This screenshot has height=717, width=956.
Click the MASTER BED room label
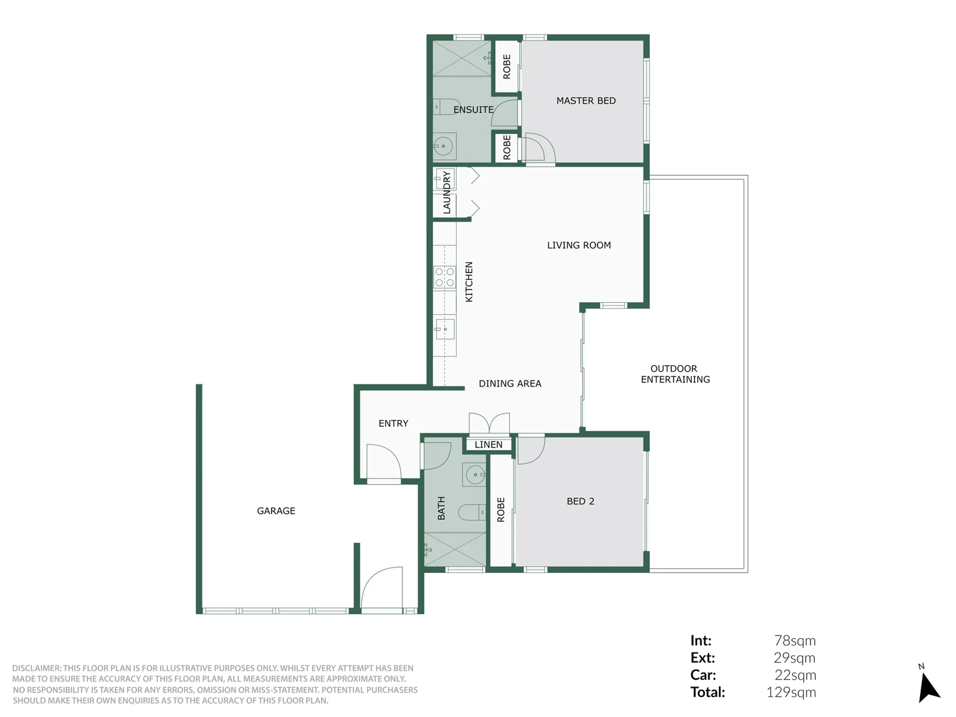[586, 101]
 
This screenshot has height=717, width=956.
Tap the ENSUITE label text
[473, 110]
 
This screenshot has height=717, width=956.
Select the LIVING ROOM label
[579, 245]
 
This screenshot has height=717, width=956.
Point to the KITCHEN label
[469, 281]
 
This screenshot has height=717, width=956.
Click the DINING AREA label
[510, 384]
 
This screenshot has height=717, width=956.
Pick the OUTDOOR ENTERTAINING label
[675, 374]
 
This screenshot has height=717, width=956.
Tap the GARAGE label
[276, 511]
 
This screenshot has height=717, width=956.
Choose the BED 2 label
[580, 501]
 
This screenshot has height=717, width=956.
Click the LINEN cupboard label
[489, 445]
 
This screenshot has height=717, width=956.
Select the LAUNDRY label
[447, 193]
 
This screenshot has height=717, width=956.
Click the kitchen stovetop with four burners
[445, 277]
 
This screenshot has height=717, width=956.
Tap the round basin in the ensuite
[443, 145]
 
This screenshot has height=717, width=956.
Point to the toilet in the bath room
[474, 512]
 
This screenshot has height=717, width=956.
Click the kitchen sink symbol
[445, 328]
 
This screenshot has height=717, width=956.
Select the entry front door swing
[384, 462]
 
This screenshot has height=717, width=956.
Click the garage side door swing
[382, 588]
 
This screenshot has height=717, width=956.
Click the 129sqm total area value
[791, 692]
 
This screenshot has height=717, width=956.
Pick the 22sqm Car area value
[795, 675]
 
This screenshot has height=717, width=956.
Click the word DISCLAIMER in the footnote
[36, 669]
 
